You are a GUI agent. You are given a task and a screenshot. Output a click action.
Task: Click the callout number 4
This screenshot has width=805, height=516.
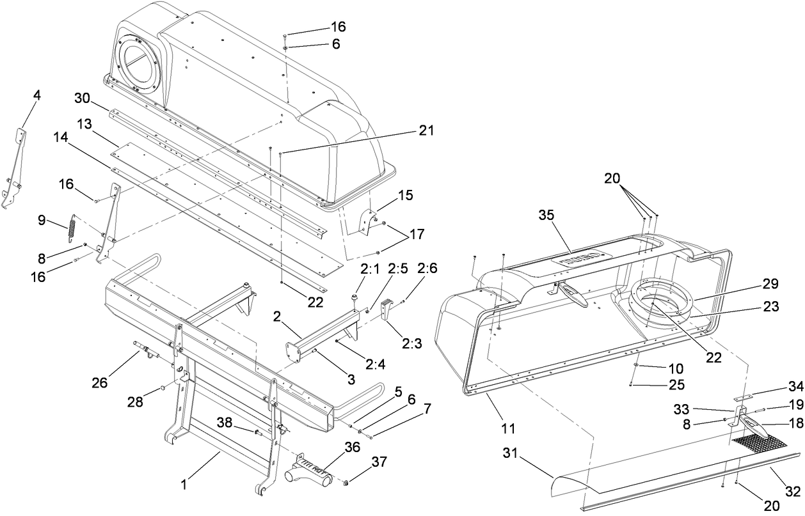click(36, 95)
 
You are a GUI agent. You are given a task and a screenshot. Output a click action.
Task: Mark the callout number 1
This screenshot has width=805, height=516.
click(184, 485)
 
